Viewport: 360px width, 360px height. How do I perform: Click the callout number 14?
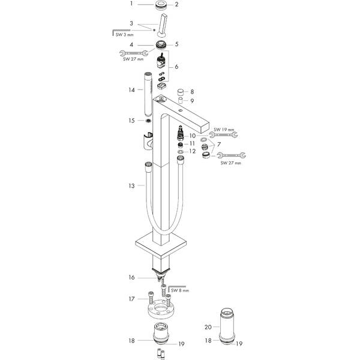[131, 90]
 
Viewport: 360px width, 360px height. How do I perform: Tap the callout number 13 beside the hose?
[131, 186]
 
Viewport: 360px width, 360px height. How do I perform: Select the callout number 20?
[208, 327]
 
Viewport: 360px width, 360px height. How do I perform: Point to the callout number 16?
[131, 277]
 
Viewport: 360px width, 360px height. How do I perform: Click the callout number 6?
[176, 67]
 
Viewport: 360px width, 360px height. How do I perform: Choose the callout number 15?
[131, 121]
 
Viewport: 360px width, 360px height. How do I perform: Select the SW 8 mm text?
[181, 290]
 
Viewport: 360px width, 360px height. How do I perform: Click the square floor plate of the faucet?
[162, 245]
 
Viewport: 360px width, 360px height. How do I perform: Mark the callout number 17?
[131, 298]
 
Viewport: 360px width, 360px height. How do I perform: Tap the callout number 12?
[193, 151]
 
